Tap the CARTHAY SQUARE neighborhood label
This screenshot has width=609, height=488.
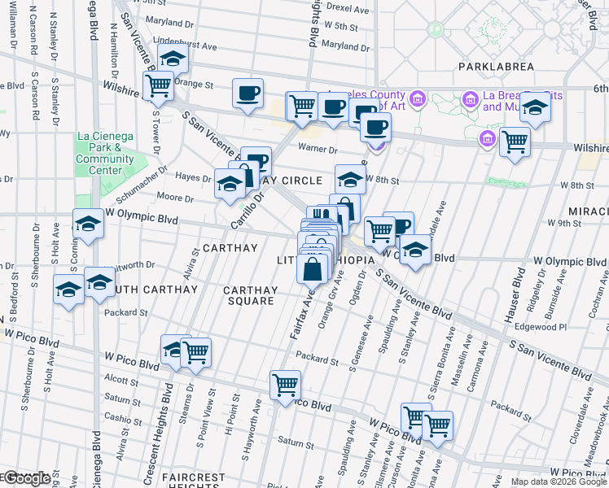pyautogui.click(x=251, y=295)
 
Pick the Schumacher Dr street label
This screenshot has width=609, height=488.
pyautogui.click(x=145, y=179)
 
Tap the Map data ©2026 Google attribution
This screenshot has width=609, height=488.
pyautogui.click(x=559, y=481)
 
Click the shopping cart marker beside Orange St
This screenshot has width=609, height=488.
pyautogui.click(x=158, y=85)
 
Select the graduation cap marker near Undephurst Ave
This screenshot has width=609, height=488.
pyautogui.click(x=173, y=59)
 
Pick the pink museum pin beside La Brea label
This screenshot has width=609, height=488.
pyautogui.click(x=470, y=99)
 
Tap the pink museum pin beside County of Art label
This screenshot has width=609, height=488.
pyautogui.click(x=418, y=99)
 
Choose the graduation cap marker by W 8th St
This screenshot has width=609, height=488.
pyautogui.click(x=350, y=180)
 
